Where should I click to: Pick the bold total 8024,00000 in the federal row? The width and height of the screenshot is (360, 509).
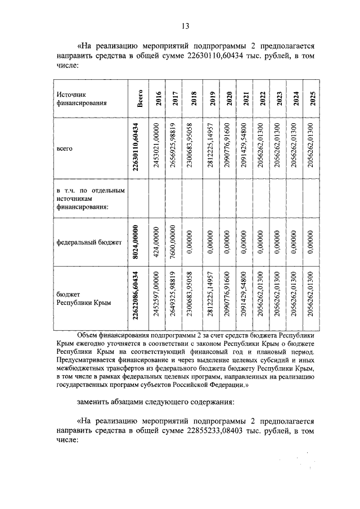(x=136, y=242)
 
